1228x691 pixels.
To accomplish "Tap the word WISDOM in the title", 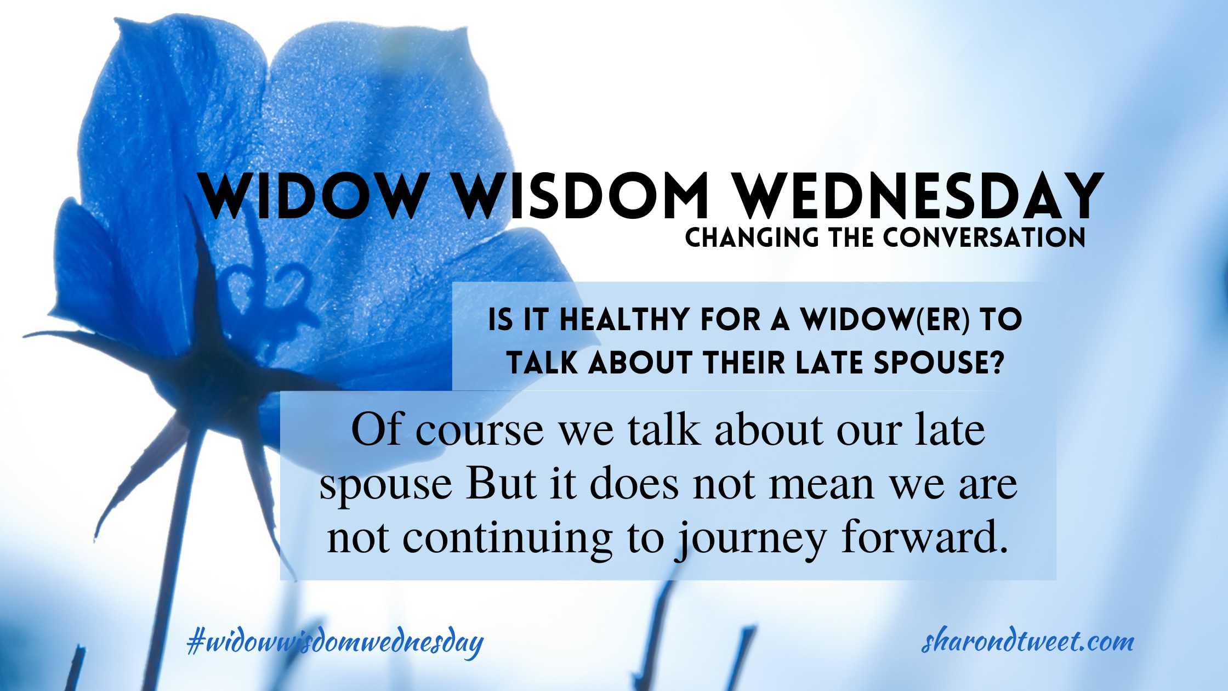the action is [x=582, y=196].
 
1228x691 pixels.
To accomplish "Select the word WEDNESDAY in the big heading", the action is [x=919, y=196].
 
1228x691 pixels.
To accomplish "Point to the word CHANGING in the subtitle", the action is [x=752, y=237].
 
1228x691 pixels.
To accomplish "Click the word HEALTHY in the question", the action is [x=624, y=320].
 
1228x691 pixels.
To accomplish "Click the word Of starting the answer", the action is [x=376, y=429].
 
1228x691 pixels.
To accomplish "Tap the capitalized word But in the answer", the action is [x=500, y=484].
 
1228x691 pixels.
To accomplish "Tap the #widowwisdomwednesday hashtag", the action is [x=335, y=642].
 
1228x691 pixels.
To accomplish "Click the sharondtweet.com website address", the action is [x=1027, y=641].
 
